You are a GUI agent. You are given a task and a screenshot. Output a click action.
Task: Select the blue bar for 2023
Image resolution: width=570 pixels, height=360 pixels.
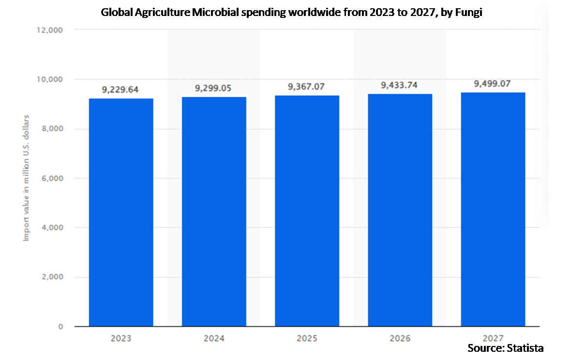(x=121, y=212)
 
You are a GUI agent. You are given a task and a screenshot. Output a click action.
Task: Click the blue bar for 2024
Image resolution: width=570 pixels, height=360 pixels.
(x=214, y=211)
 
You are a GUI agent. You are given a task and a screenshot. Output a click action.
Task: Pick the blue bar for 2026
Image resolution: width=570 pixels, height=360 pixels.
(x=400, y=210)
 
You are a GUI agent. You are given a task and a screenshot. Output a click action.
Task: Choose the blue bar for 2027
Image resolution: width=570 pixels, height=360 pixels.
(x=493, y=209)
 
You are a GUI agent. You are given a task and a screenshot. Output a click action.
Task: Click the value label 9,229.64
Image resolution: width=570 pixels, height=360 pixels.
(x=121, y=90)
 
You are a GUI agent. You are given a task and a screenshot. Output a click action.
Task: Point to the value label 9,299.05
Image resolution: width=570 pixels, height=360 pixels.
(x=214, y=88)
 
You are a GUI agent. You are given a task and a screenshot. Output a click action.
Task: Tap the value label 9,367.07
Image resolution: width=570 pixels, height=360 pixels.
(x=307, y=87)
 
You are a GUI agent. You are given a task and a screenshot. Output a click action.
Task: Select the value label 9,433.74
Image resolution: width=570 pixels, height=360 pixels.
(x=400, y=85)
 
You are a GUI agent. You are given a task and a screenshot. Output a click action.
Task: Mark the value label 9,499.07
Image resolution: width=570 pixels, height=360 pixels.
(x=493, y=84)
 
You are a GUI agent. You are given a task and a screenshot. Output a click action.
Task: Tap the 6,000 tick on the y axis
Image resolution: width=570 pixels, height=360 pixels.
(x=51, y=179)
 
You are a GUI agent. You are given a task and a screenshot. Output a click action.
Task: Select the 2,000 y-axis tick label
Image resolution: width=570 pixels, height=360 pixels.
(x=51, y=277)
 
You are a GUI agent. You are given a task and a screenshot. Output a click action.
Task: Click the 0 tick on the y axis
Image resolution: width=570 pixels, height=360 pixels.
(x=61, y=327)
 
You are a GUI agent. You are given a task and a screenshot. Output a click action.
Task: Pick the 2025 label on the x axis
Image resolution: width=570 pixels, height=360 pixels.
(x=307, y=338)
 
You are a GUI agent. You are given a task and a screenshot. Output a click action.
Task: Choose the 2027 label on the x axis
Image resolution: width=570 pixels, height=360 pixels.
(x=493, y=338)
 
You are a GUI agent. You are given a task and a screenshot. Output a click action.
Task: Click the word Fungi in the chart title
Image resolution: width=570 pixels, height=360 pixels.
(x=468, y=13)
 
